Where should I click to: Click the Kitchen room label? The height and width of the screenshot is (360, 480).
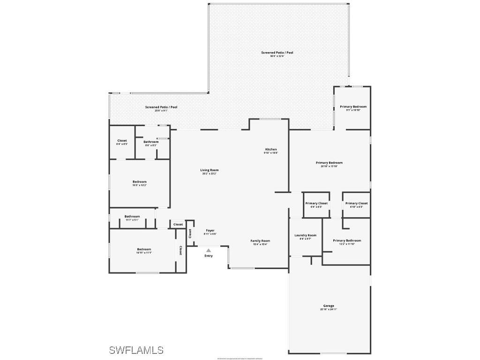pyautogui.click(x=271, y=150)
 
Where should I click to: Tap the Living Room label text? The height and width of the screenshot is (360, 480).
pyautogui.click(x=210, y=170)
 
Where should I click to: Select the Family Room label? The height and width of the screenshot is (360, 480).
pyautogui.click(x=260, y=241)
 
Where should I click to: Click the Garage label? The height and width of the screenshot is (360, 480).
pyautogui.click(x=329, y=306)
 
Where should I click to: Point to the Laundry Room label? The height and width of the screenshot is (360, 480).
pyautogui.click(x=305, y=235)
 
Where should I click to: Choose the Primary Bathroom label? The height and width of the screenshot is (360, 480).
pyautogui.click(x=347, y=241)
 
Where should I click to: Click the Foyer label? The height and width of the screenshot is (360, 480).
pyautogui.click(x=210, y=231)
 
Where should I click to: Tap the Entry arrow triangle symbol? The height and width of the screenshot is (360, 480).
pyautogui.click(x=209, y=250)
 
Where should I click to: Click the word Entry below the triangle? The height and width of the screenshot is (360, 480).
pyautogui.click(x=209, y=256)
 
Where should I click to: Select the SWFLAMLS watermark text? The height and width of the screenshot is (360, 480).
pyautogui.click(x=136, y=350)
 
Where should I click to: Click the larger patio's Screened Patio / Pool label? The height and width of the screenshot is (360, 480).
pyautogui.click(x=277, y=52)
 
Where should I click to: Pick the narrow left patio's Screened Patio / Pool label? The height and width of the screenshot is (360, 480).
pyautogui.click(x=161, y=107)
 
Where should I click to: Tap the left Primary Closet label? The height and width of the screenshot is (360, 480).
pyautogui.click(x=316, y=203)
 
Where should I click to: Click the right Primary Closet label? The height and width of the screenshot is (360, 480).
pyautogui.click(x=357, y=203)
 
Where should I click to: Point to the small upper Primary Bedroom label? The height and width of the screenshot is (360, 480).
pyautogui.click(x=353, y=107)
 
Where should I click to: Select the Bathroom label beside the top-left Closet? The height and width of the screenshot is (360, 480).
pyautogui.click(x=151, y=142)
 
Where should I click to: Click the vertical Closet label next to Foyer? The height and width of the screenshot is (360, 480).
pyautogui.click(x=190, y=233)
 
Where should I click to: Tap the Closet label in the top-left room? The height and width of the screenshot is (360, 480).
pyautogui.click(x=122, y=141)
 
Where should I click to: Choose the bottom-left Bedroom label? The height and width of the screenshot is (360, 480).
pyautogui.click(x=144, y=249)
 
